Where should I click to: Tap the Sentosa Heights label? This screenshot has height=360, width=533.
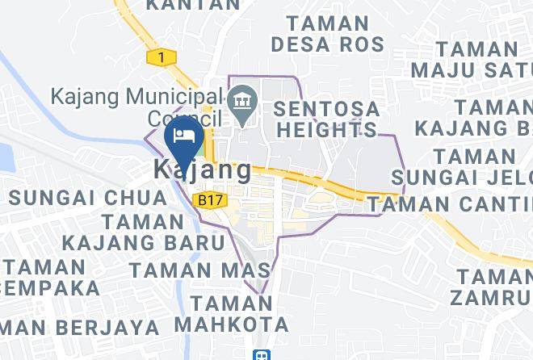pyautogui.click(x=325, y=118)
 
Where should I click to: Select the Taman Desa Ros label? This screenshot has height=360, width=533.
pyautogui.click(x=327, y=33)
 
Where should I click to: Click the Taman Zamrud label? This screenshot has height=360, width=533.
pyautogui.click(x=492, y=287)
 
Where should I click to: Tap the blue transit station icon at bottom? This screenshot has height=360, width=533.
pyautogui.click(x=261, y=354)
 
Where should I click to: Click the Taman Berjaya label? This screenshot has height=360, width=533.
pyautogui.click(x=77, y=327)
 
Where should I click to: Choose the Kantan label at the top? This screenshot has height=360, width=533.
pyautogui.click(x=194, y=5)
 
